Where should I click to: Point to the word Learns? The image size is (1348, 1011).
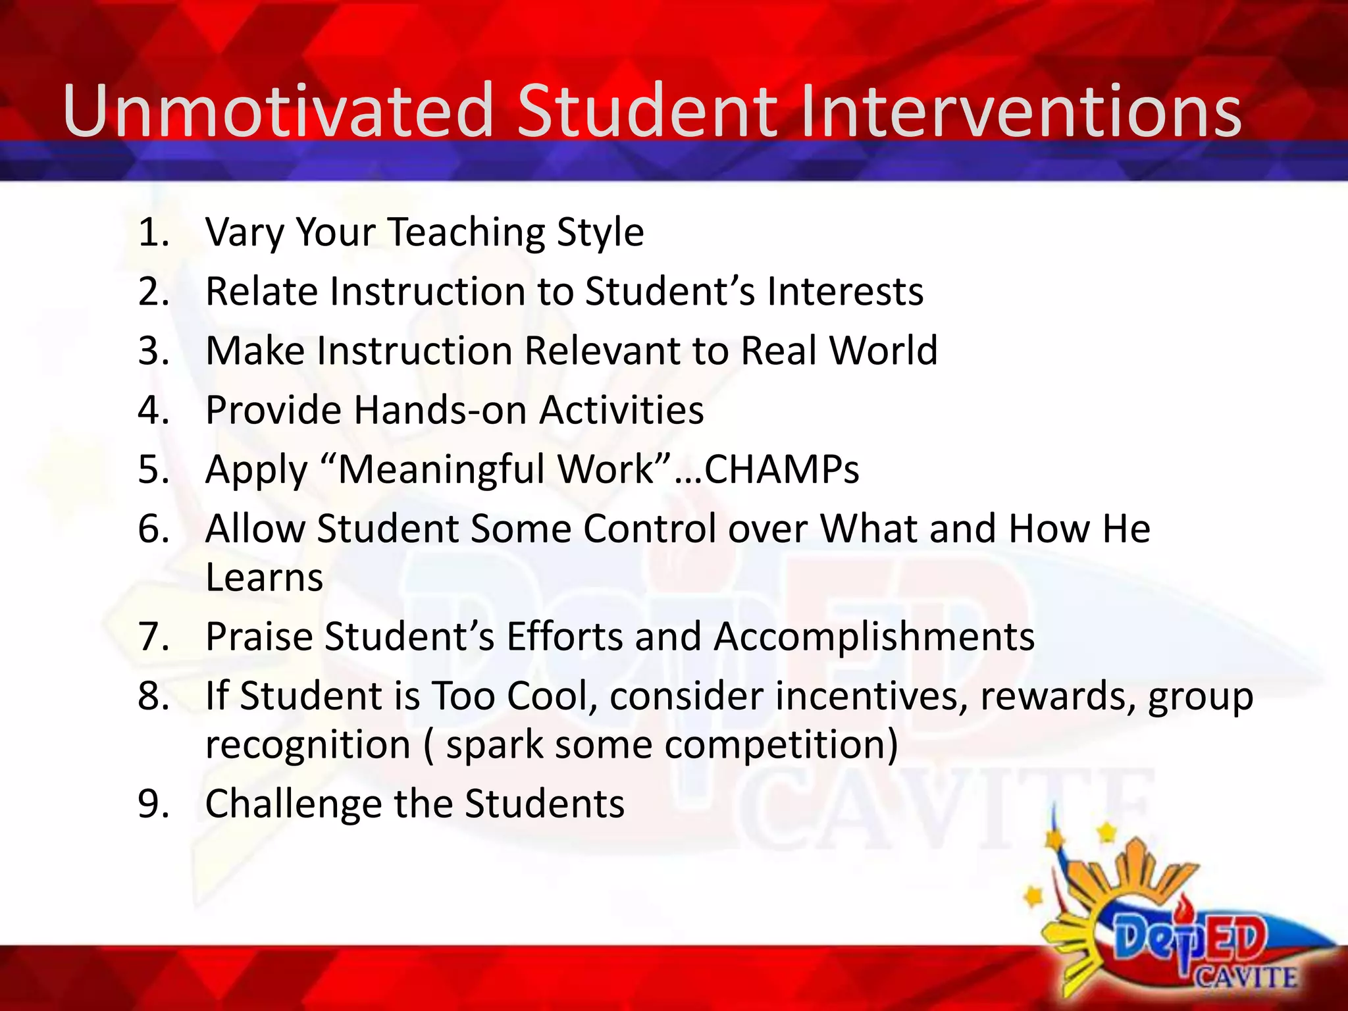[x=264, y=577]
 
